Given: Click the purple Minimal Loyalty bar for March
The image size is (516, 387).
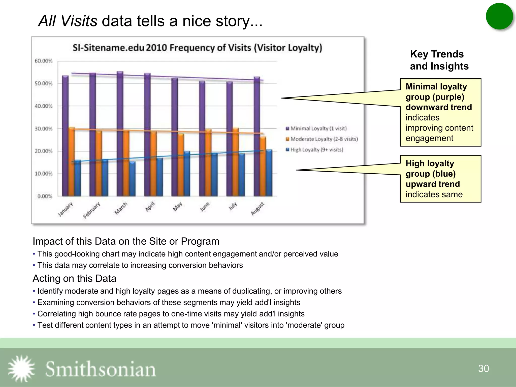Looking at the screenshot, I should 120,134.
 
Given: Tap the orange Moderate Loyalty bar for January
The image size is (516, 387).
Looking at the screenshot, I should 72,161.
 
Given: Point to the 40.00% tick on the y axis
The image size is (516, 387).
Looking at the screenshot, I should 44,106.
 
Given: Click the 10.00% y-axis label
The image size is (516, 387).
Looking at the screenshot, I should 44,174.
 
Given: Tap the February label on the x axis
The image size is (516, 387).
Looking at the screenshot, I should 92,210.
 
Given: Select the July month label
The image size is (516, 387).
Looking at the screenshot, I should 233,206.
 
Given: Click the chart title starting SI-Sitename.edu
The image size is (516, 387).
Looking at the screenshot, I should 197,48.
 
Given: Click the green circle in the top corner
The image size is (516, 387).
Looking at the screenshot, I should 499,16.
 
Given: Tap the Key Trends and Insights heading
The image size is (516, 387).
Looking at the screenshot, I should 439,60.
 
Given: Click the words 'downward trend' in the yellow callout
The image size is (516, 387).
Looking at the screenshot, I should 438,107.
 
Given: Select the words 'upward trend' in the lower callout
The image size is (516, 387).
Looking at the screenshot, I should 432,184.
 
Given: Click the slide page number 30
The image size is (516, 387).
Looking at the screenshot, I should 483,368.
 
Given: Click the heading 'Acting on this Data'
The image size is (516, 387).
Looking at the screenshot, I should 74,278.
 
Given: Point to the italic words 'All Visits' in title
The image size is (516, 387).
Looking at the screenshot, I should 68,21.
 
